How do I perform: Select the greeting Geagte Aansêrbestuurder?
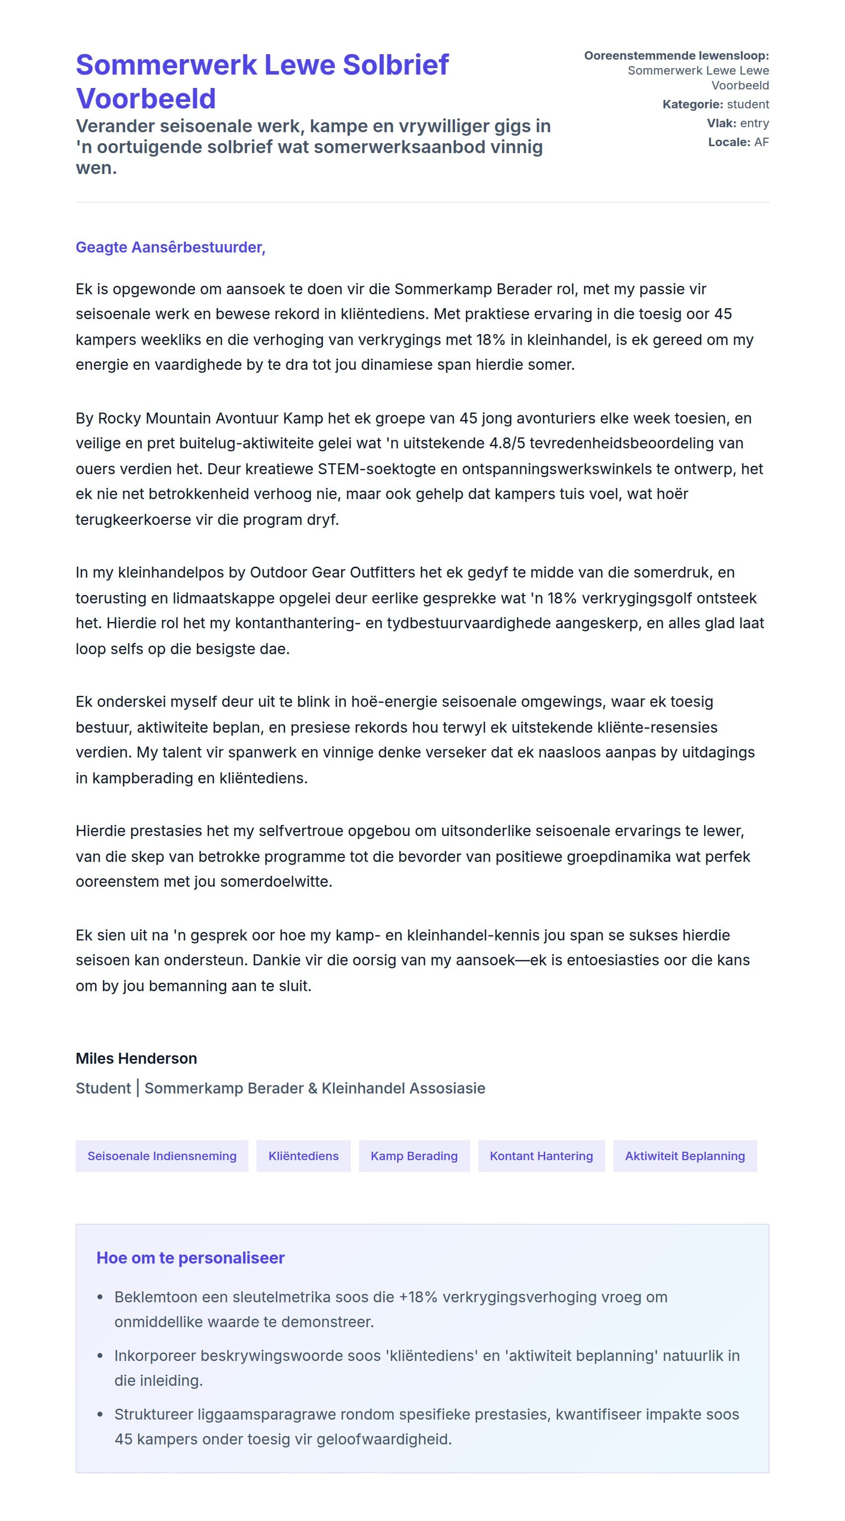coord(170,248)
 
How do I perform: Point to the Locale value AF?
coord(761,142)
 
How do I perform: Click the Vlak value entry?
coord(754,123)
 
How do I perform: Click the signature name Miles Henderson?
coord(136,1059)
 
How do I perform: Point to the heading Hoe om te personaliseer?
coord(190,1258)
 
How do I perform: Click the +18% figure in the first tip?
coord(418,1297)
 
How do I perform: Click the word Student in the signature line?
coord(103,1088)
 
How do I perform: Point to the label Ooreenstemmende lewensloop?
coord(676,56)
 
